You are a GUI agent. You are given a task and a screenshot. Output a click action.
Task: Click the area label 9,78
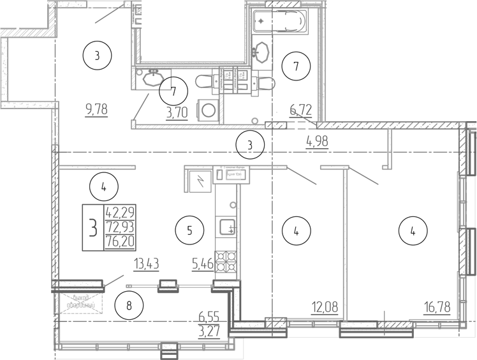pyautogui.click(x=96, y=109)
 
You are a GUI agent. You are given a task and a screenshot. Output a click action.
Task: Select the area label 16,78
pyautogui.click(x=437, y=308)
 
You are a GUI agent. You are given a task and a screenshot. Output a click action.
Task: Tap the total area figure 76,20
pyautogui.click(x=119, y=242)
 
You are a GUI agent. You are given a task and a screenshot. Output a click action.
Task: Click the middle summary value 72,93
pyautogui.click(x=119, y=227)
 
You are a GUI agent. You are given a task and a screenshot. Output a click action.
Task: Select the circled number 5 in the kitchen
pyautogui.click(x=190, y=230)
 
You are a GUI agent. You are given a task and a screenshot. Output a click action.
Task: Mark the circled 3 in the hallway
pyautogui.click(x=250, y=146)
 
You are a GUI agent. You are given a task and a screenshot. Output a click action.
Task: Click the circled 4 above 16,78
pyautogui.click(x=413, y=230)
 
